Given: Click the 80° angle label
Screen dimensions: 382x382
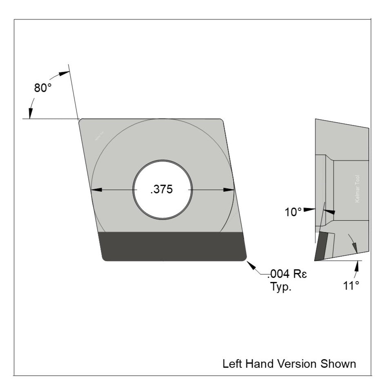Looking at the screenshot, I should click(42, 88).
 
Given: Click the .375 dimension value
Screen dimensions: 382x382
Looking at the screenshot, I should click(162, 190).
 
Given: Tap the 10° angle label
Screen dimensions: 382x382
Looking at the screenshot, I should click(293, 212).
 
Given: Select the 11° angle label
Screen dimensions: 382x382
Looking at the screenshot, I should click(351, 285).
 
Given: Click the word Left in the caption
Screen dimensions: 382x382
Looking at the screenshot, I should click(231, 363).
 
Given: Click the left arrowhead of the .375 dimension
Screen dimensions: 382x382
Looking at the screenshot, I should click(95, 190).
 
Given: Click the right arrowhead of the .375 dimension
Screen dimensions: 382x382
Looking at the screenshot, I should click(230, 190).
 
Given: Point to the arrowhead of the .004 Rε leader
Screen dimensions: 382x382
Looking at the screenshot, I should click(250, 264).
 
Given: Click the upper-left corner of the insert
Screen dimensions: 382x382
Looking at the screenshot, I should click(81, 121).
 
